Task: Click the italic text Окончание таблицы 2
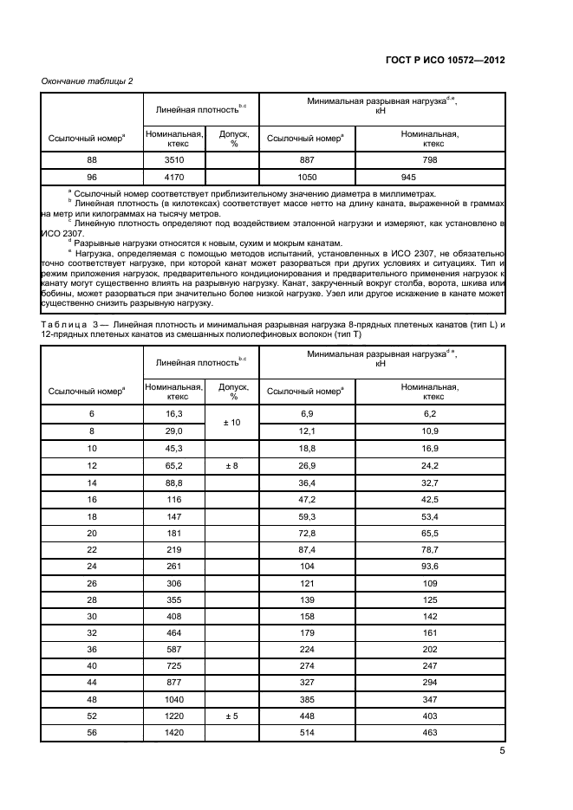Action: (87, 81)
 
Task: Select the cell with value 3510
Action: (173, 160)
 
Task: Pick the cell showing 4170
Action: (173, 177)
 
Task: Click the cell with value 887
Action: (307, 160)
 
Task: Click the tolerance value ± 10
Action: (233, 422)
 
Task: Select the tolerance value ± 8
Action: (233, 466)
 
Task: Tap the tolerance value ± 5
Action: (233, 716)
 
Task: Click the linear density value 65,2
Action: (173, 466)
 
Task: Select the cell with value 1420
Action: (173, 732)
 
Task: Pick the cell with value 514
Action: (307, 732)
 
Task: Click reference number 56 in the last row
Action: (91, 732)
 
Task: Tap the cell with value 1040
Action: (173, 699)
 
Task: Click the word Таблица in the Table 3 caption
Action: (65, 347)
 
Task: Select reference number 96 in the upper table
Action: (91, 177)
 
